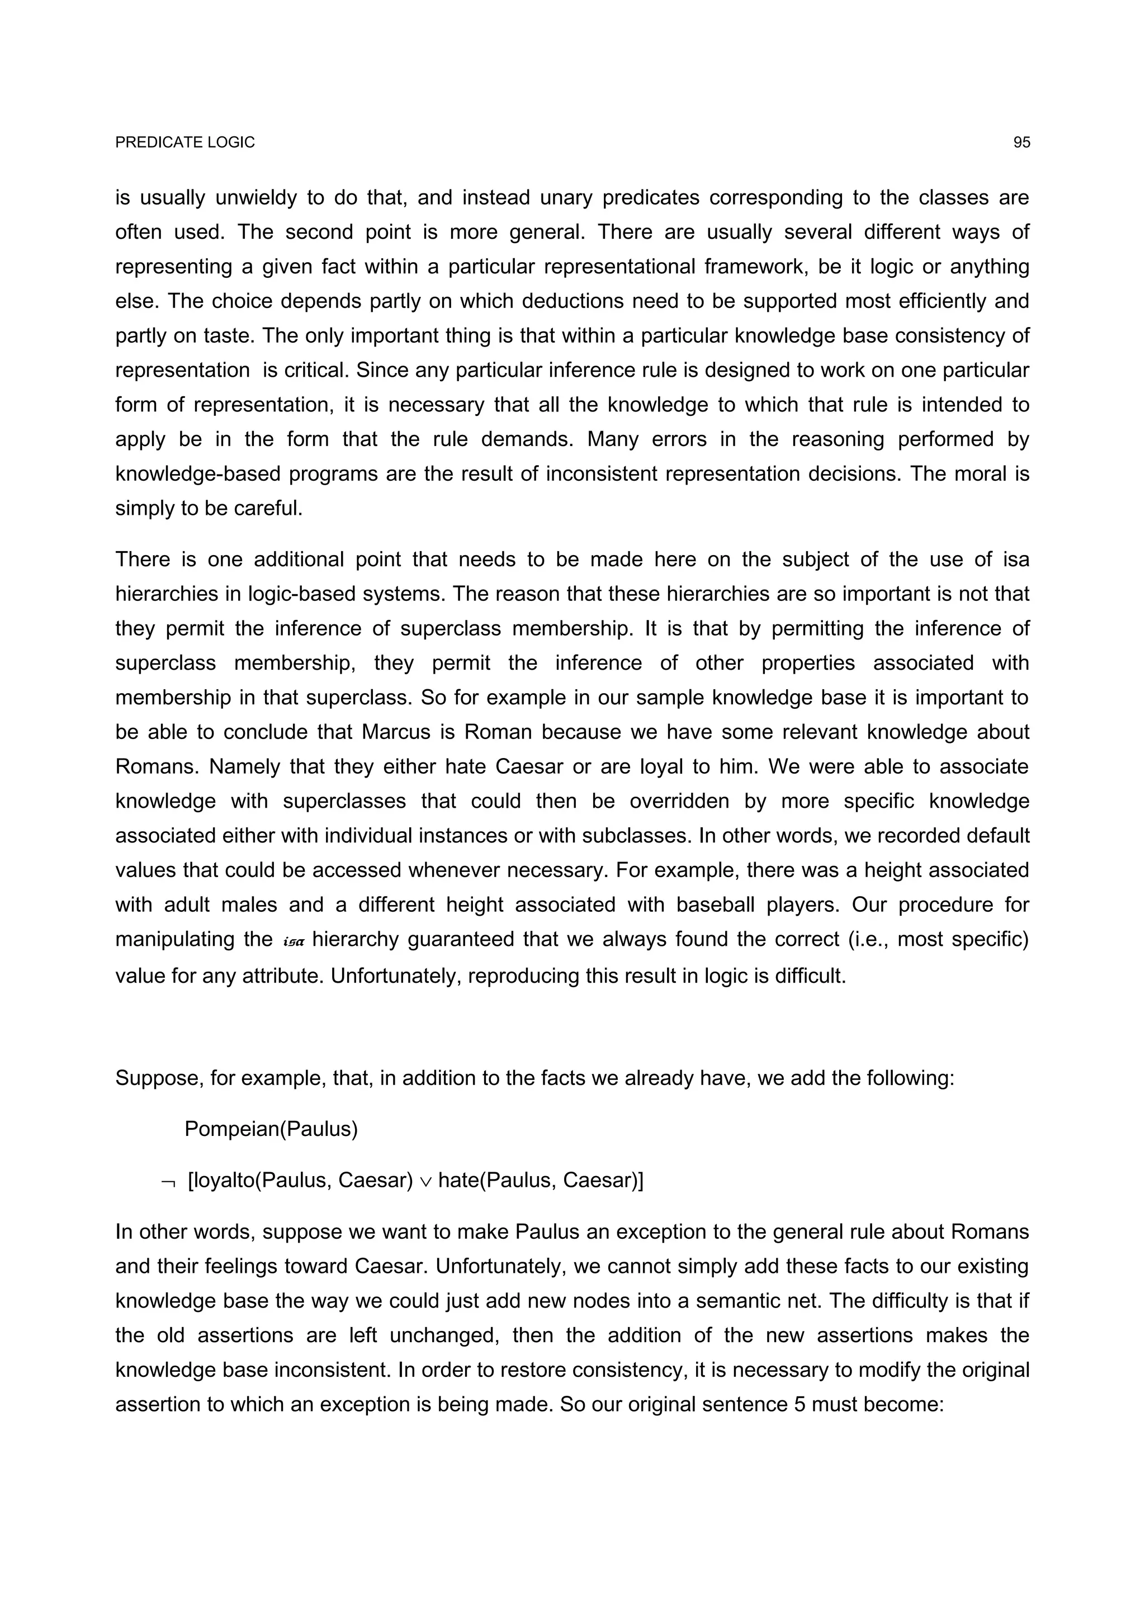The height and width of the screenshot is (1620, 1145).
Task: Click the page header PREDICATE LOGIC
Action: click(x=185, y=143)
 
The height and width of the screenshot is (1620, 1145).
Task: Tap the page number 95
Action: click(x=1021, y=143)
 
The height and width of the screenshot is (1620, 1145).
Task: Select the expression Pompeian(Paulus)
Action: click(x=271, y=1130)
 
